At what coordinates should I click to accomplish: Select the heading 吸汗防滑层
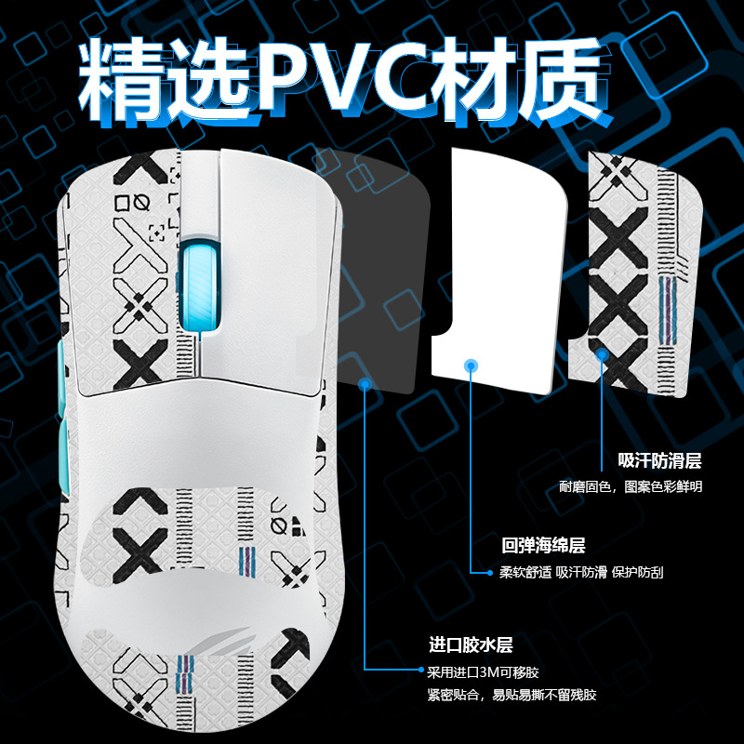[x=659, y=460]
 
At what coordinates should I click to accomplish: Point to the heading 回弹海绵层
[x=543, y=546]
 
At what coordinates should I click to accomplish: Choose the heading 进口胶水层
[x=471, y=645]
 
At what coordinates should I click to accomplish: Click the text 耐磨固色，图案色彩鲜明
[x=631, y=486]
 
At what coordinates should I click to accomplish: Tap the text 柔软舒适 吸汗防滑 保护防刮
[x=581, y=572]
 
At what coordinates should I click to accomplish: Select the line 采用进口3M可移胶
[x=483, y=672]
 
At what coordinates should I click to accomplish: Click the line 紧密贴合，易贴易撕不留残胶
[x=511, y=696]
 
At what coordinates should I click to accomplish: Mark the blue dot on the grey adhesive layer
[x=365, y=384]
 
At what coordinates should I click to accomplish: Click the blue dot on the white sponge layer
[x=471, y=365]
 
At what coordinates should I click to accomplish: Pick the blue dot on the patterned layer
[x=602, y=354]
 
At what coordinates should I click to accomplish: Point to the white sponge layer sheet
[x=498, y=271]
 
